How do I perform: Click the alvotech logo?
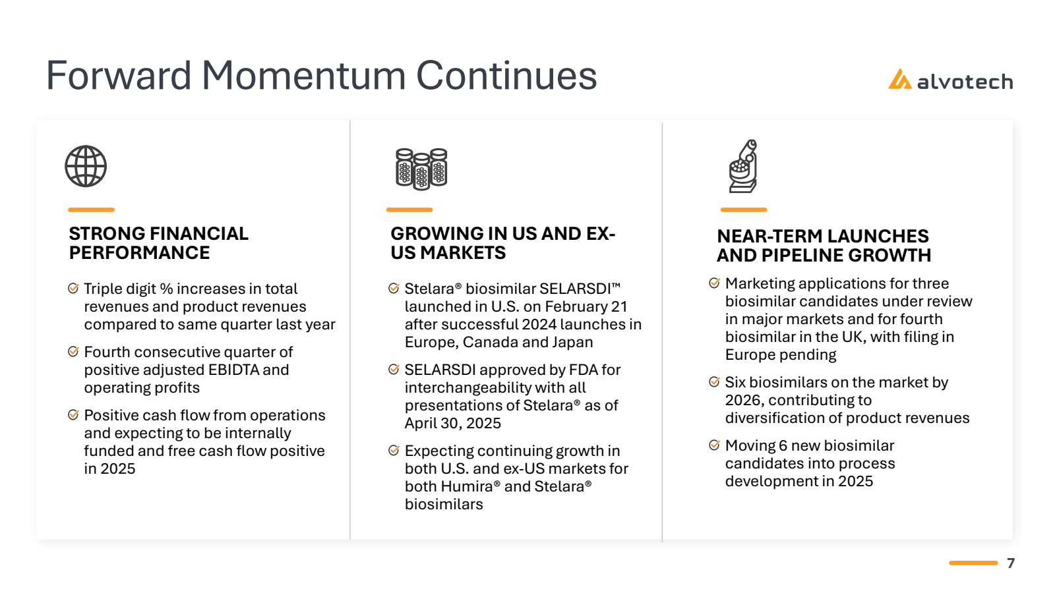(x=950, y=80)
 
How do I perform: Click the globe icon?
(x=86, y=166)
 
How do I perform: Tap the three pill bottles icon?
(x=421, y=169)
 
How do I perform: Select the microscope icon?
(x=743, y=166)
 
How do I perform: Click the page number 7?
(x=1011, y=563)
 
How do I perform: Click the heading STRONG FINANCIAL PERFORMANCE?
(x=158, y=243)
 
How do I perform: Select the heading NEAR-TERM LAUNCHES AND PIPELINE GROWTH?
(x=824, y=245)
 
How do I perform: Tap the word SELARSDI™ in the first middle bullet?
(x=580, y=289)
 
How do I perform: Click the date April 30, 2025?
(x=452, y=423)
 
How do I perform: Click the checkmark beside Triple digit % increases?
(x=73, y=288)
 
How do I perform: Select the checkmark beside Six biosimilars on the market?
(x=714, y=381)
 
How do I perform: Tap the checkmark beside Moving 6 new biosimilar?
(x=714, y=445)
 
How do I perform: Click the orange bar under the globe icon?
(x=92, y=210)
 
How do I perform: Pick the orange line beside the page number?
(x=973, y=563)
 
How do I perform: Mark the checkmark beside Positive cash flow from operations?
(x=73, y=414)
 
